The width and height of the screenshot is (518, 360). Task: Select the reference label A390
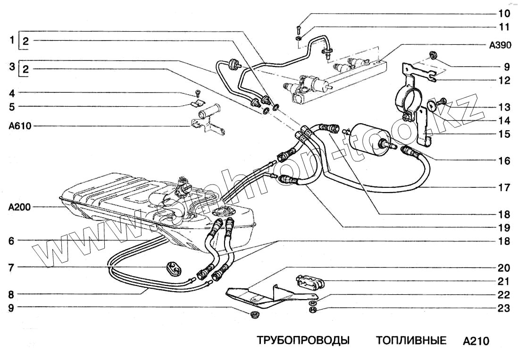499,45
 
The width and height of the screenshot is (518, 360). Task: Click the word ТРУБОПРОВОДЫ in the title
303,341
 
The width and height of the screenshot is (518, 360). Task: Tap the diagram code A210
476,341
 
